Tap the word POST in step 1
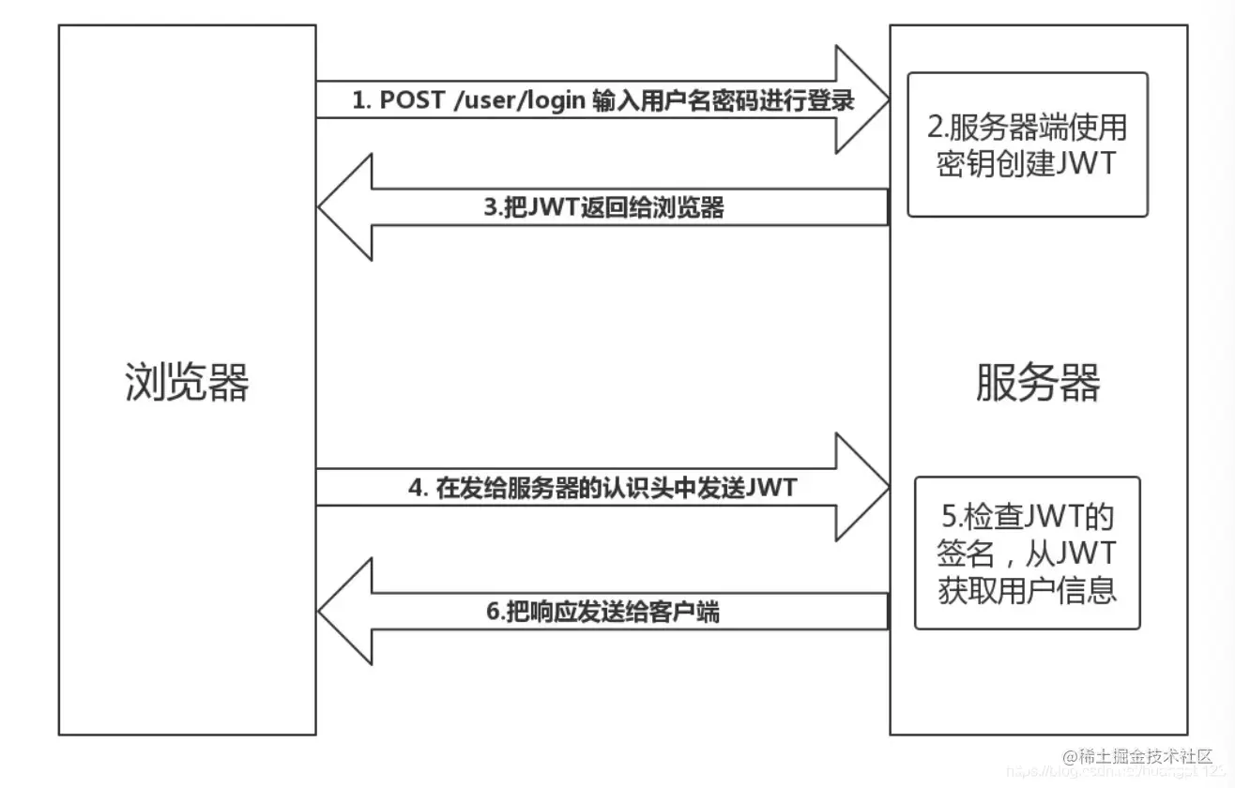(x=412, y=101)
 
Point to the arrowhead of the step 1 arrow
(x=863, y=101)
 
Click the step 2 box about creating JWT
(x=1028, y=144)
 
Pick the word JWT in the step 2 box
(x=1085, y=163)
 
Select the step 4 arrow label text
(x=603, y=488)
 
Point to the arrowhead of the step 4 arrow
(x=863, y=487)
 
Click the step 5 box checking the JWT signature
(x=1028, y=553)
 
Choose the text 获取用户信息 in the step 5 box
(x=1028, y=590)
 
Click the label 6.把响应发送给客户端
(x=603, y=612)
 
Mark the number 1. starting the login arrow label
(x=361, y=101)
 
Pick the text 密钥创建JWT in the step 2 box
(x=1028, y=163)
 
